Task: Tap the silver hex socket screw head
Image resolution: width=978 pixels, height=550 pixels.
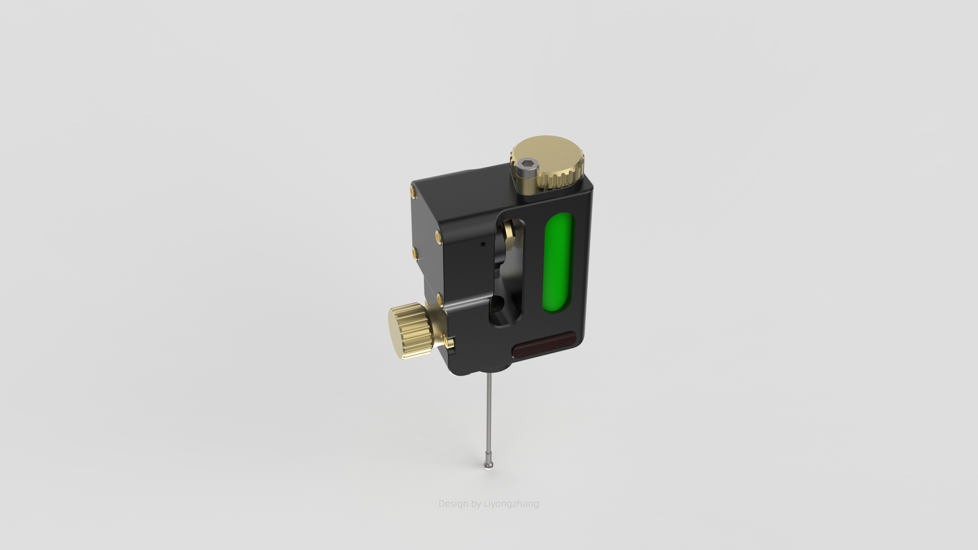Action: tap(527, 170)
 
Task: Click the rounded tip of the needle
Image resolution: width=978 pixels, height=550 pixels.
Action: tap(488, 465)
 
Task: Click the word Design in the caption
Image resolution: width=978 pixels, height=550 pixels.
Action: tap(453, 504)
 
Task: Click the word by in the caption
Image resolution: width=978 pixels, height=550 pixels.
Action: tap(476, 504)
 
